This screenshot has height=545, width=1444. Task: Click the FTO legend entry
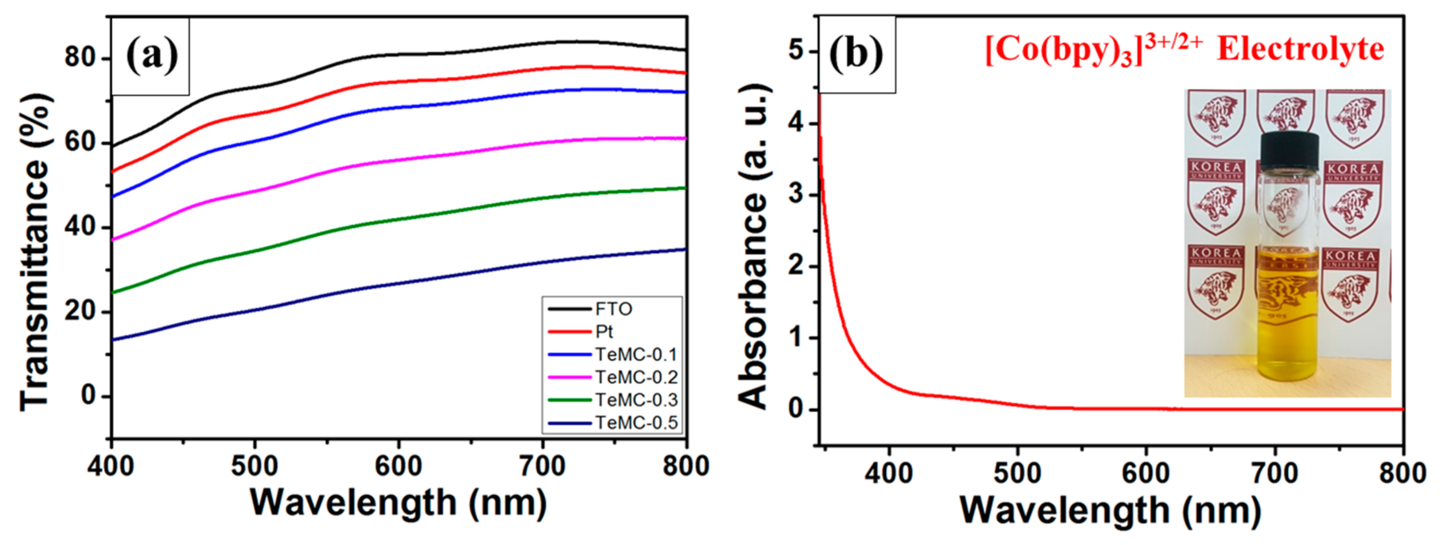pyautogui.click(x=613, y=309)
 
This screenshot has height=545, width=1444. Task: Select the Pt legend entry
pyautogui.click(x=604, y=332)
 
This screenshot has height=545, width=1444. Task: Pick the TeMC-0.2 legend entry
pyautogui.click(x=636, y=377)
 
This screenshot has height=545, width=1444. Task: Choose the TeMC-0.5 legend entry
pyautogui.click(x=636, y=423)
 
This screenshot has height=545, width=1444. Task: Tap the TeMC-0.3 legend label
pyautogui.click(x=636, y=400)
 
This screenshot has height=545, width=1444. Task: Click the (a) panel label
pyautogui.click(x=151, y=56)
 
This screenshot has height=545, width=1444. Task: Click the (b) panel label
pyautogui.click(x=856, y=55)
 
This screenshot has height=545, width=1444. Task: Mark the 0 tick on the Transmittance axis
pyautogui.click(x=89, y=396)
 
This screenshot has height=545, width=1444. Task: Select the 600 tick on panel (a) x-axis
pyautogui.click(x=398, y=466)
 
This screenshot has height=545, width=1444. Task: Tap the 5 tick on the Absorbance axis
pyautogui.click(x=796, y=51)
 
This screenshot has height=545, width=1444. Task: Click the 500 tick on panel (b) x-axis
pyautogui.click(x=1018, y=474)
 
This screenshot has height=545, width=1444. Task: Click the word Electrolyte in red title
pyautogui.click(x=1300, y=50)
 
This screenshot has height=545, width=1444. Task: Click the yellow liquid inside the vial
pyautogui.click(x=1288, y=325)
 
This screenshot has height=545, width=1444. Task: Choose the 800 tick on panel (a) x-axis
pyautogui.click(x=686, y=466)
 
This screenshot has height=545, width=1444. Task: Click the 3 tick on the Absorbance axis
pyautogui.click(x=796, y=195)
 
